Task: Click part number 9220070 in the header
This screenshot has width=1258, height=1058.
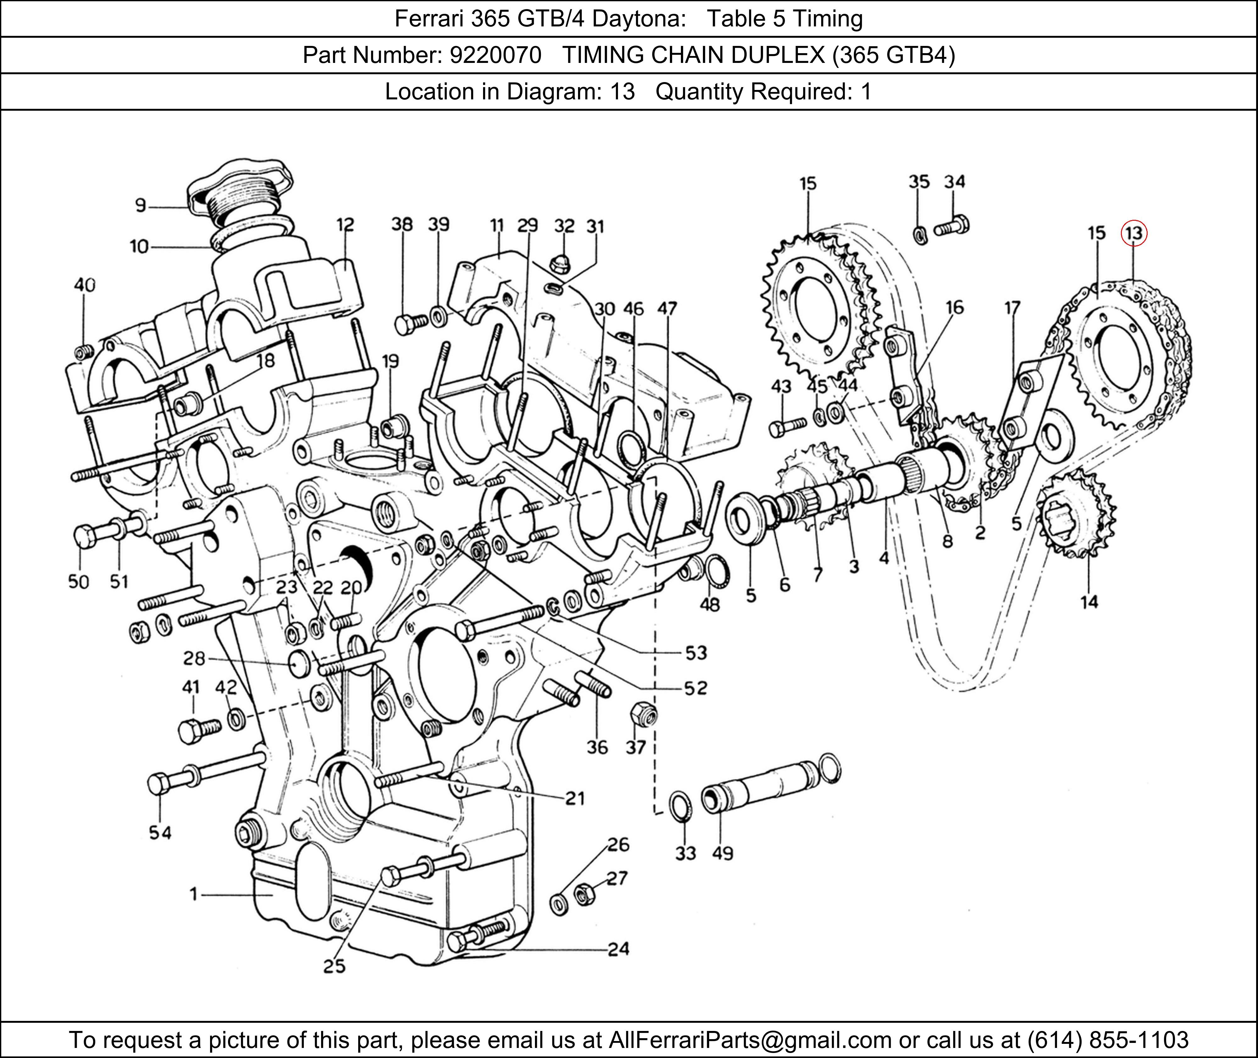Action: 495,55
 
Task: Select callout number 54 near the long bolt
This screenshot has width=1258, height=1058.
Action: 160,833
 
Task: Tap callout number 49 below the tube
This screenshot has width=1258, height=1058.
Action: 722,853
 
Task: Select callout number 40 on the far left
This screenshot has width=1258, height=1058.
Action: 85,285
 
